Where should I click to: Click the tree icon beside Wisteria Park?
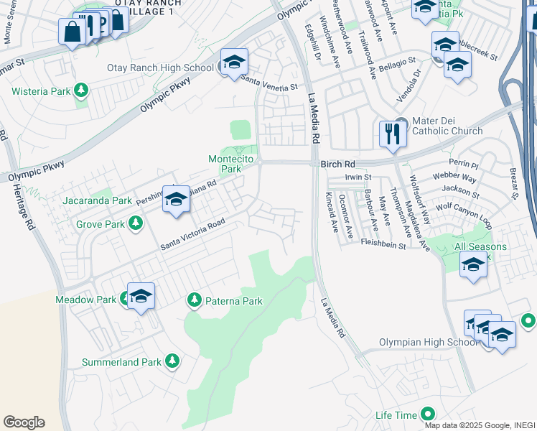tap(82, 91)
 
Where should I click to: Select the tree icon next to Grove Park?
tap(135, 224)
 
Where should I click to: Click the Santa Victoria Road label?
tap(193, 234)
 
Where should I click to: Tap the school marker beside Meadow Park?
tap(141, 295)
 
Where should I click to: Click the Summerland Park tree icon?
tap(172, 361)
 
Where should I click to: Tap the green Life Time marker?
tap(428, 414)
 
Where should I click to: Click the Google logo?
tap(24, 422)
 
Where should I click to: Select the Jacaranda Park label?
tap(97, 200)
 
